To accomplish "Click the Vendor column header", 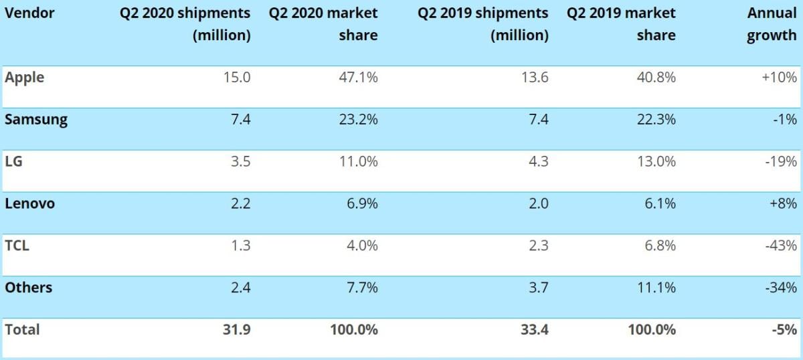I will coord(29,13).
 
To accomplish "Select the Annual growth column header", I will coord(772,24).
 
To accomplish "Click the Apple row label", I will coord(25,78).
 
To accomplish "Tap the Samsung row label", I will coord(36,120).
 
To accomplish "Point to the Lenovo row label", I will coord(30,203).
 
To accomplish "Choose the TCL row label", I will coord(17,246).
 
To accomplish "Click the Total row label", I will coord(23,329).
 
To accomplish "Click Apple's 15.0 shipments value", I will coord(237,78).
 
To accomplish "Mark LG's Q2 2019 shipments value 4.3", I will coord(537,162).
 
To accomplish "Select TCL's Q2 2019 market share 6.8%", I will coord(659,246).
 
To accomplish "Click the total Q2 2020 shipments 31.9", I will coord(237,329).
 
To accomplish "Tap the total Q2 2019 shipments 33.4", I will coord(535,329).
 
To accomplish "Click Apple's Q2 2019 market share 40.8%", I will coord(656,78).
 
